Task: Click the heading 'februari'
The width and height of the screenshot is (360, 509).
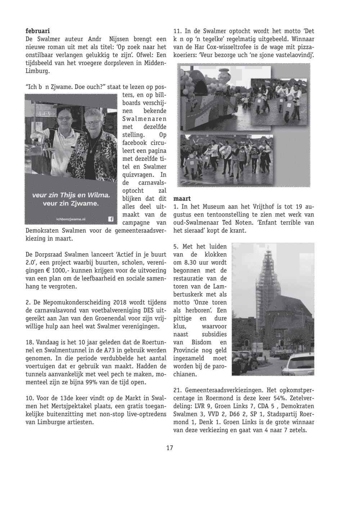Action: coord(37,31)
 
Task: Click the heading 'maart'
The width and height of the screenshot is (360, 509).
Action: coord(182,199)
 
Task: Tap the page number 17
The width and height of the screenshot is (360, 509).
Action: coord(170,448)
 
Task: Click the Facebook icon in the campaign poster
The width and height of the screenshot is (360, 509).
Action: coord(111,219)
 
